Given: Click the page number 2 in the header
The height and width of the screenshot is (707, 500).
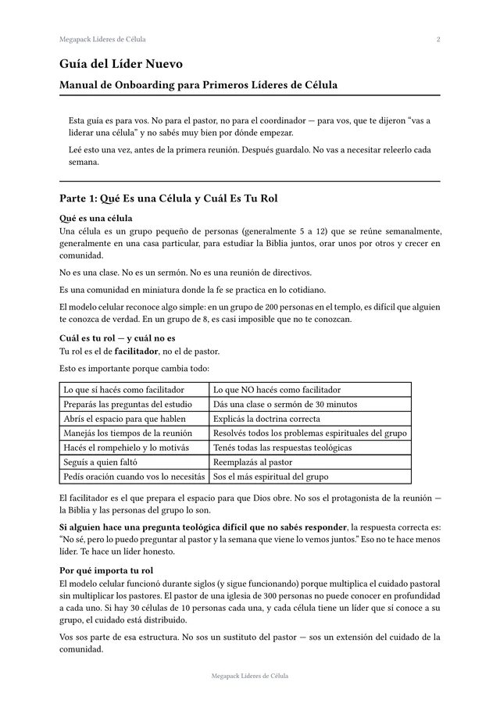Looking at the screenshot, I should (438, 39).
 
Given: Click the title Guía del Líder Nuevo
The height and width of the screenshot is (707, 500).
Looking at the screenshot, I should (121, 63).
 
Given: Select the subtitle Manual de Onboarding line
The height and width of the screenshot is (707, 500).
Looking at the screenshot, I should (198, 84).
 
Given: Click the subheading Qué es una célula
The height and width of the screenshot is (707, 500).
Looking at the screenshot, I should (95, 218).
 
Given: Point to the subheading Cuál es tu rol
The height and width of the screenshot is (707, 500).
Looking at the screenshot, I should (117, 338).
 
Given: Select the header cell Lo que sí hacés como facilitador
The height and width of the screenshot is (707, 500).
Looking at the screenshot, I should (123, 389).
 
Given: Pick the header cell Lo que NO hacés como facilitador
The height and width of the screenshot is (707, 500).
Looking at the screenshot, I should (277, 389).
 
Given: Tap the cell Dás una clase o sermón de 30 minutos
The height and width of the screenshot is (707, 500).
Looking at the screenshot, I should (285, 404).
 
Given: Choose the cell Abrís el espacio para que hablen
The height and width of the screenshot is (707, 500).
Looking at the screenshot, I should (124, 418).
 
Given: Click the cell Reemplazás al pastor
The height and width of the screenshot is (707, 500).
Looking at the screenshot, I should (252, 462).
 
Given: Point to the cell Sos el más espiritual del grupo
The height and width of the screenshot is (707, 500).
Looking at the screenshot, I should (270, 477).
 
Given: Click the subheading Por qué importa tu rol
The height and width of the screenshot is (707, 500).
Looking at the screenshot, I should (106, 570).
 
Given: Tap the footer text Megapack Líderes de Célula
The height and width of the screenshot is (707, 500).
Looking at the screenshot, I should (249, 676).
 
